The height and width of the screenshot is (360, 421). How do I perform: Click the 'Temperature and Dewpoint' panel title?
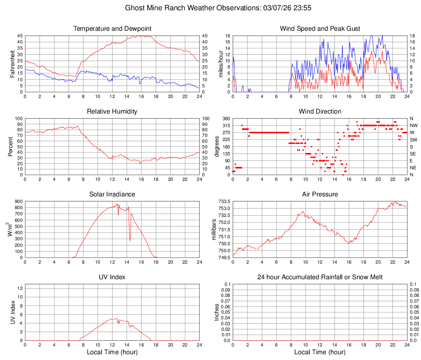[x=112, y=29]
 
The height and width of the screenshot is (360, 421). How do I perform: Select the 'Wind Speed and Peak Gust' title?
[x=320, y=29]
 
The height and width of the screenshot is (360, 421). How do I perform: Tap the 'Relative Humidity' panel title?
[x=112, y=112]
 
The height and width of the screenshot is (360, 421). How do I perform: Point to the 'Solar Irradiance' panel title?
[x=112, y=194]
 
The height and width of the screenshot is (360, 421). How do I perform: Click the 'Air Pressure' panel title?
[x=320, y=194]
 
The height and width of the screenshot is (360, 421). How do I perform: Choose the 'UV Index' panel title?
[x=112, y=277]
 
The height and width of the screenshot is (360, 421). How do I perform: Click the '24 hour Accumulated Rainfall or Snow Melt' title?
[x=320, y=277]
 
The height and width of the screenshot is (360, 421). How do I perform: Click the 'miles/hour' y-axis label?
[x=221, y=64]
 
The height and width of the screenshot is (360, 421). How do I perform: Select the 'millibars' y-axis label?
[x=214, y=230]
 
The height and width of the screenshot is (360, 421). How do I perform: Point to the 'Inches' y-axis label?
[x=217, y=312]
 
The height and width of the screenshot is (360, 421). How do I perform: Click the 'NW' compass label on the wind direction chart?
[x=413, y=125]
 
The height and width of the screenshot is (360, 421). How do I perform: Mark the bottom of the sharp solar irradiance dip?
[x=130, y=241]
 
